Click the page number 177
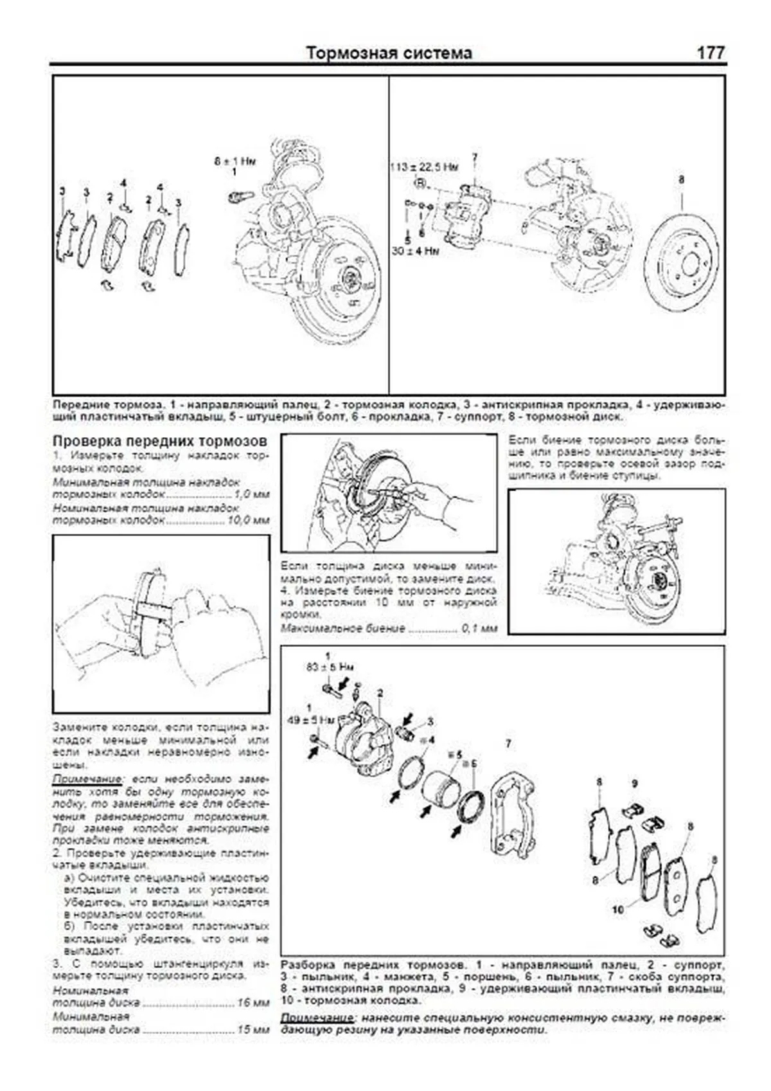pyautogui.click(x=711, y=53)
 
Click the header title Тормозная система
pyautogui.click(x=389, y=53)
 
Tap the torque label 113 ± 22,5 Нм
pyautogui.click(x=424, y=167)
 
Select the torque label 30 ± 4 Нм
pyautogui.click(x=415, y=251)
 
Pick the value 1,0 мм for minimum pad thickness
pyautogui.click(x=252, y=494)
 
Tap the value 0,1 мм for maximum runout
pyautogui.click(x=479, y=628)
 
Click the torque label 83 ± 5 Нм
pyautogui.click(x=330, y=667)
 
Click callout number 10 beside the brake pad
pyautogui.click(x=618, y=909)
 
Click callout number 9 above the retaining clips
pyautogui.click(x=635, y=783)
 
